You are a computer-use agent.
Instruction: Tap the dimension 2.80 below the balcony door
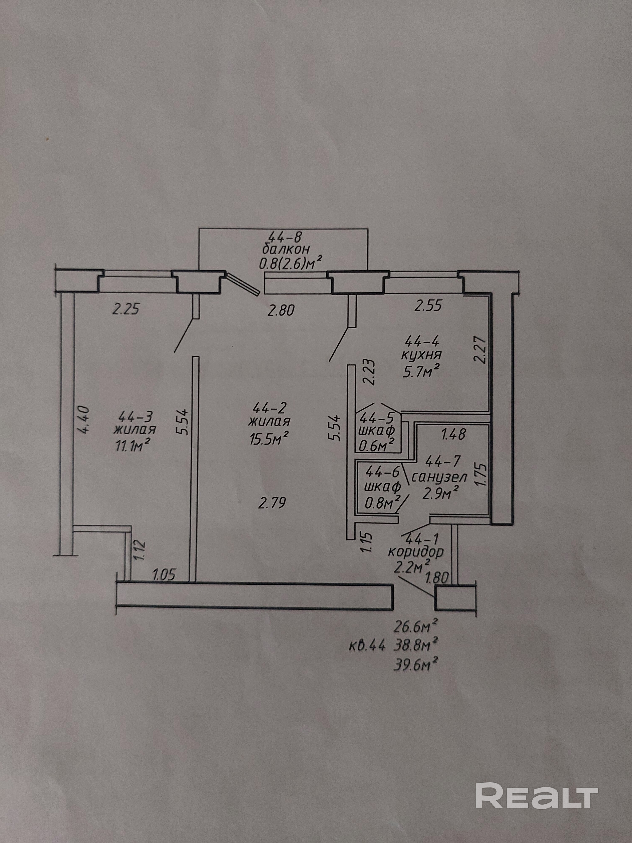click(281, 311)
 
